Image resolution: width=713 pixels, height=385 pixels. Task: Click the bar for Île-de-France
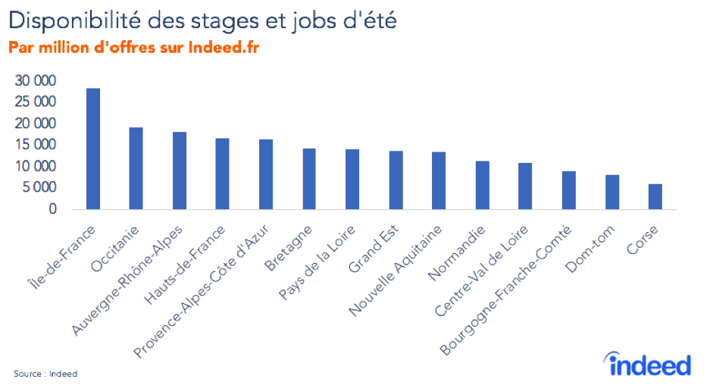[x=93, y=149]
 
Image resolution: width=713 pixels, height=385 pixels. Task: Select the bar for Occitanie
[x=136, y=168]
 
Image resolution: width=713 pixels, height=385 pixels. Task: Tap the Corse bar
[x=655, y=196]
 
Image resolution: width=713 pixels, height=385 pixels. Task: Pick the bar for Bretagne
[x=309, y=179]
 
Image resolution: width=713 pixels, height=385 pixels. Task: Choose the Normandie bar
[x=482, y=185]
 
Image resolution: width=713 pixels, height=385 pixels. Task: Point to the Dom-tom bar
[x=612, y=192]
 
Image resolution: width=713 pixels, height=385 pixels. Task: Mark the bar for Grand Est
[x=396, y=180]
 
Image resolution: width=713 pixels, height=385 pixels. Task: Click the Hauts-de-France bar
[x=223, y=174]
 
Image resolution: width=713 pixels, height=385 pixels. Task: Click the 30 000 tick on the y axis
[x=38, y=81]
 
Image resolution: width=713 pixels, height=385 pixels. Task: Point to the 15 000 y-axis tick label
[x=38, y=145]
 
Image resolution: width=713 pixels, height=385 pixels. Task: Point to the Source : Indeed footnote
[x=45, y=374]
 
